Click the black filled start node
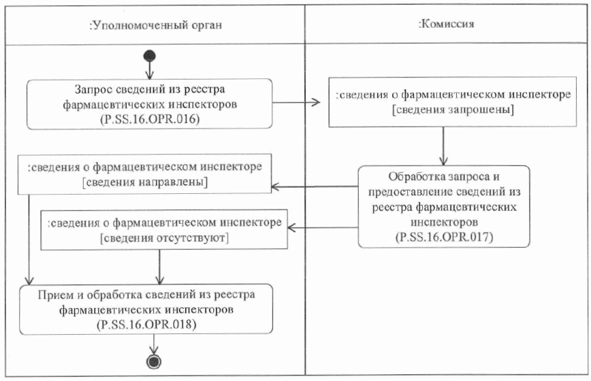click(x=150, y=56)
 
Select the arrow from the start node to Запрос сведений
click(x=150, y=69)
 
